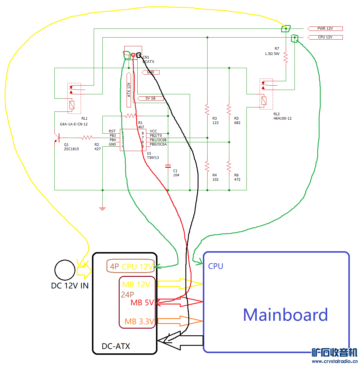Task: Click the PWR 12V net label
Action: click(325, 29)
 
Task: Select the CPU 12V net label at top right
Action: click(325, 37)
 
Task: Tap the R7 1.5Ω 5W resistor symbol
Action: click(286, 58)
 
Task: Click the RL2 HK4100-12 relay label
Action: click(282, 116)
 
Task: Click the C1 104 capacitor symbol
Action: click(168, 166)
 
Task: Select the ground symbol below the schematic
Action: click(102, 208)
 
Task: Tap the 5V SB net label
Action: click(150, 98)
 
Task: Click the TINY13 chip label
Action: click(153, 158)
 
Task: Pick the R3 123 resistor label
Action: click(215, 121)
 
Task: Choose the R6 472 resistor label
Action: click(237, 177)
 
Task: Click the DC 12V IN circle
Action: click(65, 270)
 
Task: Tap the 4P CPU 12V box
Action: click(131, 266)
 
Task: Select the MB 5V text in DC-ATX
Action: click(142, 303)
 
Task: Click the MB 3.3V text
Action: click(139, 321)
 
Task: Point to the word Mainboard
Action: click(285, 315)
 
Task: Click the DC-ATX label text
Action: click(116, 346)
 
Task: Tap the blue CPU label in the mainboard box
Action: click(216, 266)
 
